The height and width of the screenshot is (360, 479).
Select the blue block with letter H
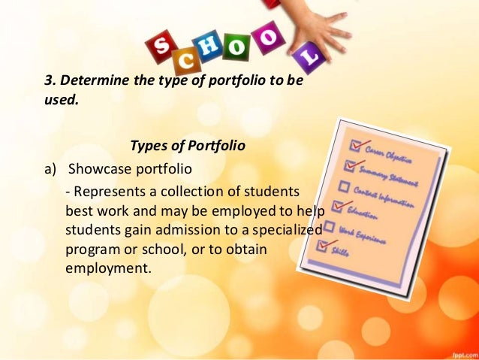click(x=214, y=48)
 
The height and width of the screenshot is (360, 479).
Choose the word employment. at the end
click(x=109, y=266)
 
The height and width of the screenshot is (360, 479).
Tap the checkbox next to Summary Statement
click(x=348, y=164)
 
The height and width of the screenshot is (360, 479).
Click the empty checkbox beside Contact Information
click(x=343, y=186)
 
